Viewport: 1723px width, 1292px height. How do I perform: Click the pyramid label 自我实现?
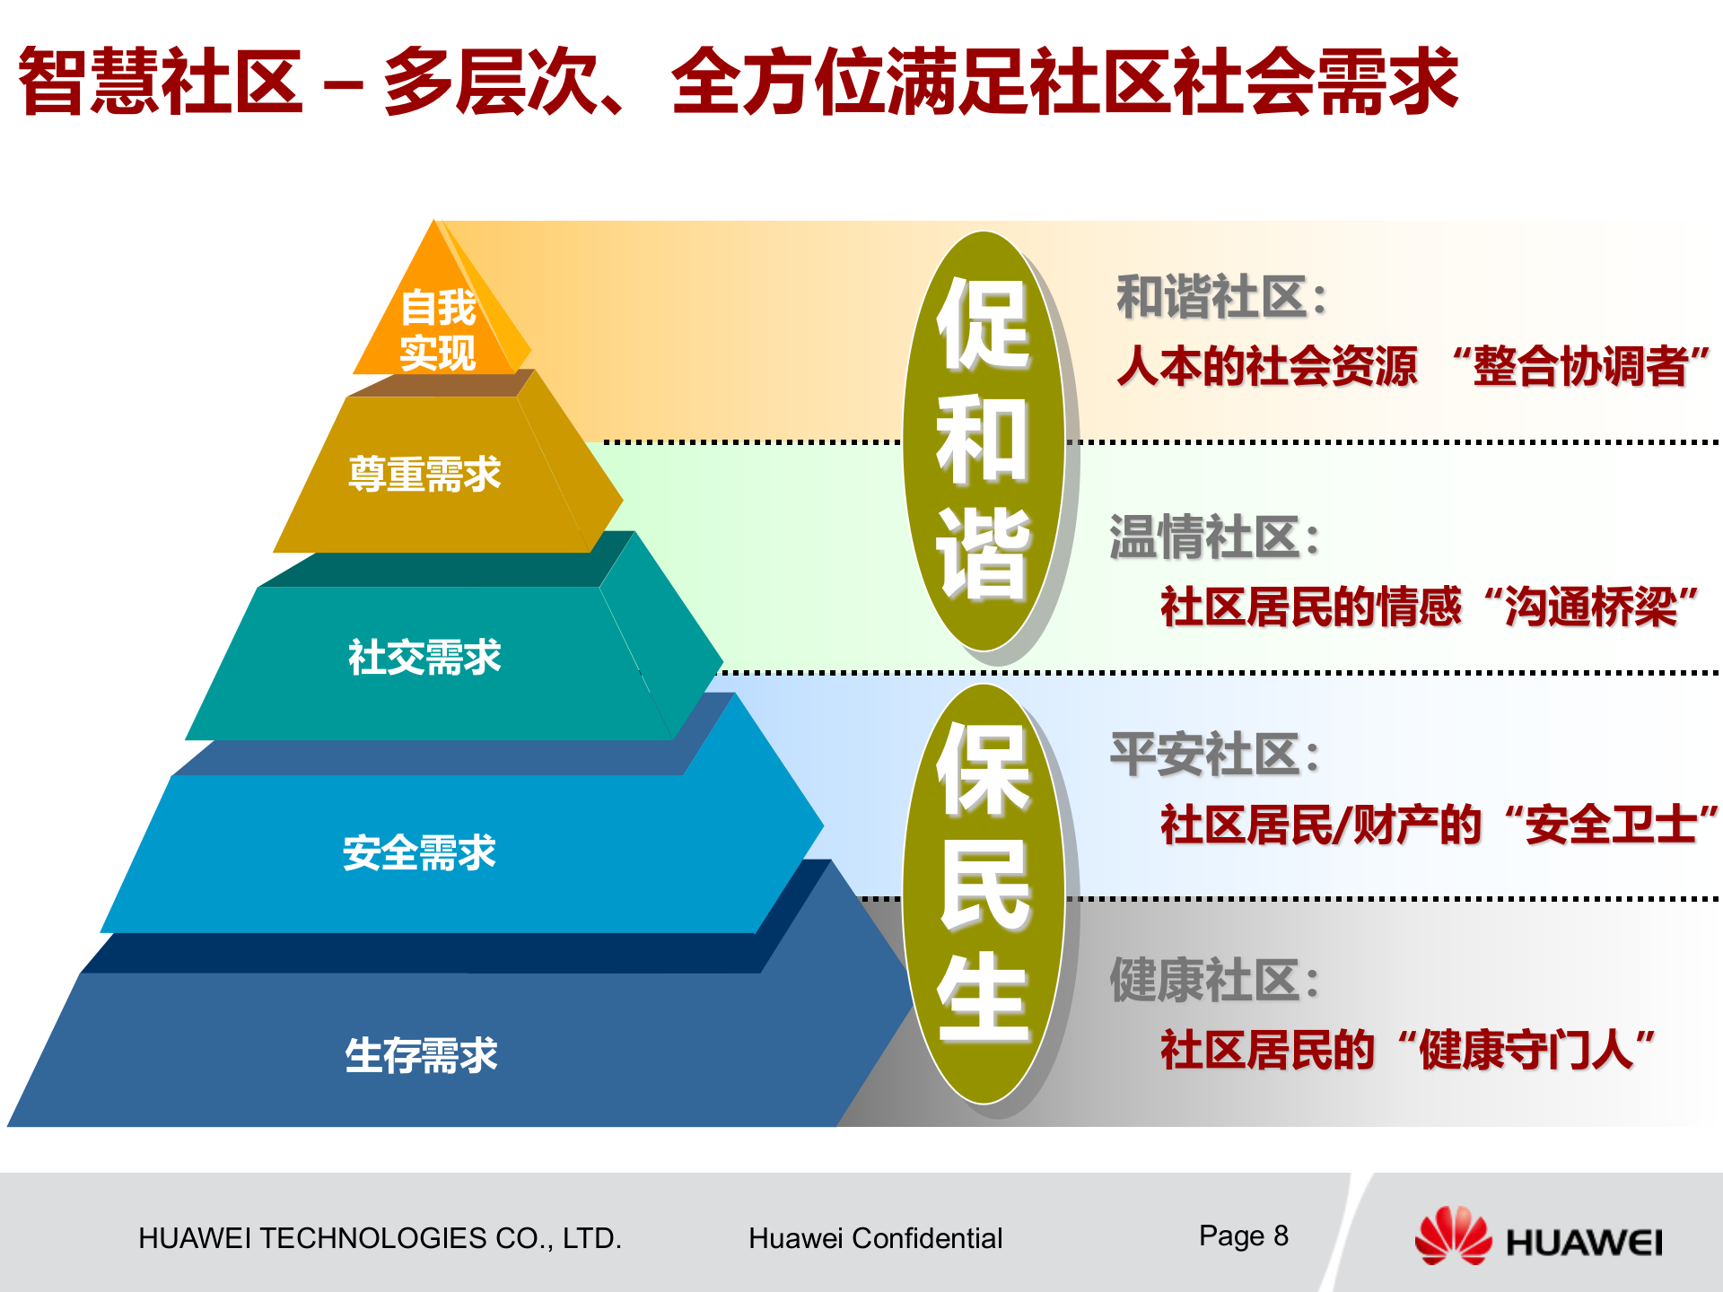(x=438, y=329)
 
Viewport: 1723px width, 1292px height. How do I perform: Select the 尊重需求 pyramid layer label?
(x=424, y=474)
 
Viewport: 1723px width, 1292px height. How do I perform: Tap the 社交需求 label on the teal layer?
(x=424, y=657)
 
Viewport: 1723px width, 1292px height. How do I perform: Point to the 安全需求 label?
(x=419, y=852)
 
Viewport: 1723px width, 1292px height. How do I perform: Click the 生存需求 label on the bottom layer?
(x=421, y=1054)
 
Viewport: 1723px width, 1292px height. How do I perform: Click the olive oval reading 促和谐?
(x=984, y=440)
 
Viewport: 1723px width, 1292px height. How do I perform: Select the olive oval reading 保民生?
(x=984, y=893)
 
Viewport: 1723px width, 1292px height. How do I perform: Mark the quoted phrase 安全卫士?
(x=1612, y=825)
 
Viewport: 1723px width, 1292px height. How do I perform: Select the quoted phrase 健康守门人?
(x=1526, y=1049)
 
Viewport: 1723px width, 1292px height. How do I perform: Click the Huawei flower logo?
(x=1452, y=1236)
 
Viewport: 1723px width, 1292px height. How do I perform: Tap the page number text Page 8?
(x=1243, y=1235)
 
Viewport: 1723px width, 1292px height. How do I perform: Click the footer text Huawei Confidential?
(x=875, y=1238)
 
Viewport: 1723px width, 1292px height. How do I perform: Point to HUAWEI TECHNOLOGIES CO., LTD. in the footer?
(x=380, y=1238)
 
